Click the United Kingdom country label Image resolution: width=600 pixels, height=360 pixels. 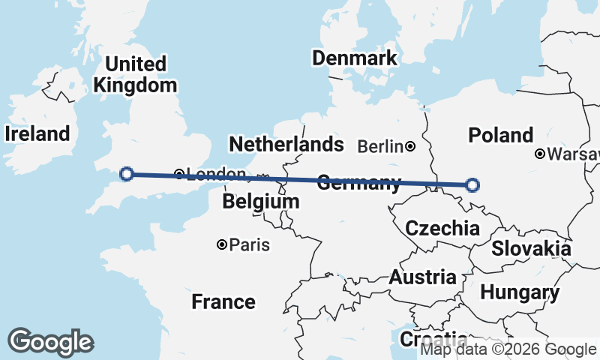tap(135, 74)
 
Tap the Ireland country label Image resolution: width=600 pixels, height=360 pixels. tap(37, 133)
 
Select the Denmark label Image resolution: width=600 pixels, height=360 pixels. tap(354, 58)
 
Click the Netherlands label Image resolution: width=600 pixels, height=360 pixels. tap(286, 144)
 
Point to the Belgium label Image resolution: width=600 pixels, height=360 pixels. tap(261, 202)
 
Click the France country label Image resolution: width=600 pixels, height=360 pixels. tap(223, 302)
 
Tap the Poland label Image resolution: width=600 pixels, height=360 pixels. tap(500, 135)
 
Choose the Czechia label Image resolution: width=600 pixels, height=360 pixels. tap(442, 228)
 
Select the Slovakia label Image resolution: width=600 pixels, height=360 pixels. tap(531, 248)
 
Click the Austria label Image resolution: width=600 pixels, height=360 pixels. tap(422, 277)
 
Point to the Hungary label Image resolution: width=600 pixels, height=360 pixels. tap(520, 292)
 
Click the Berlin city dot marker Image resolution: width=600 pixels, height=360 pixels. tap(410, 146)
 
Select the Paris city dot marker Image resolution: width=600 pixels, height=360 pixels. tap(222, 244)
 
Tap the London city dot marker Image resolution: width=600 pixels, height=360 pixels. tap(179, 174)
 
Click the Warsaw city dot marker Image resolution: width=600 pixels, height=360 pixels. tap(539, 154)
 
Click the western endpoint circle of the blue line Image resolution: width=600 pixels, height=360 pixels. tap(127, 174)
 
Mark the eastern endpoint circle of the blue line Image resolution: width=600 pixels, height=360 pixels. tap(472, 184)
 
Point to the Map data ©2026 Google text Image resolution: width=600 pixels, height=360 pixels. tap(508, 349)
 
